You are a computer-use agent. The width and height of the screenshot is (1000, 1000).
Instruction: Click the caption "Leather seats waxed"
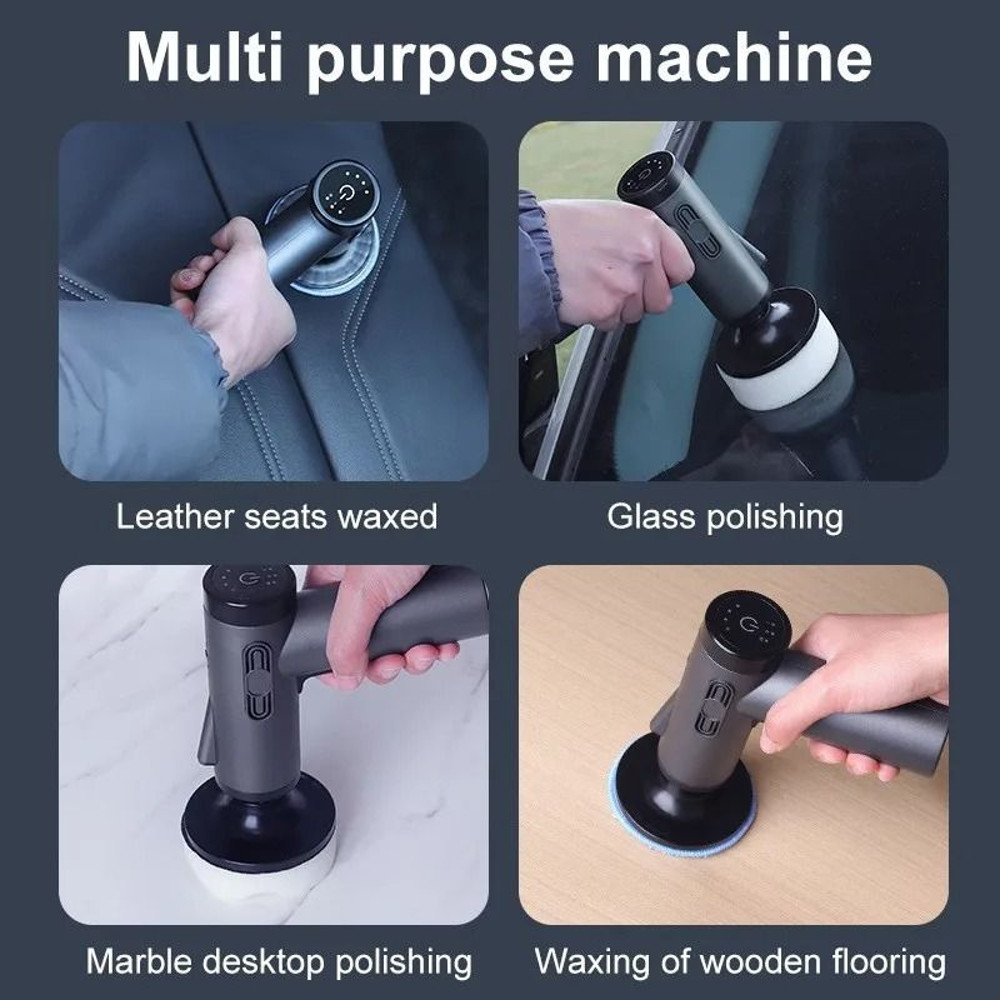[277, 517]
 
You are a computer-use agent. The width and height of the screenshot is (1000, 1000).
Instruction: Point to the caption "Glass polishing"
[725, 517]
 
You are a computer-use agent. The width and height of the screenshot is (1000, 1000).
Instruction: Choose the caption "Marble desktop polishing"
[279, 962]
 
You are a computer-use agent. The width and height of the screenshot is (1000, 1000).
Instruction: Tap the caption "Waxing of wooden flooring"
[740, 962]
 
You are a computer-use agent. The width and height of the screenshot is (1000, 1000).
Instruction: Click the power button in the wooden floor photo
[748, 628]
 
